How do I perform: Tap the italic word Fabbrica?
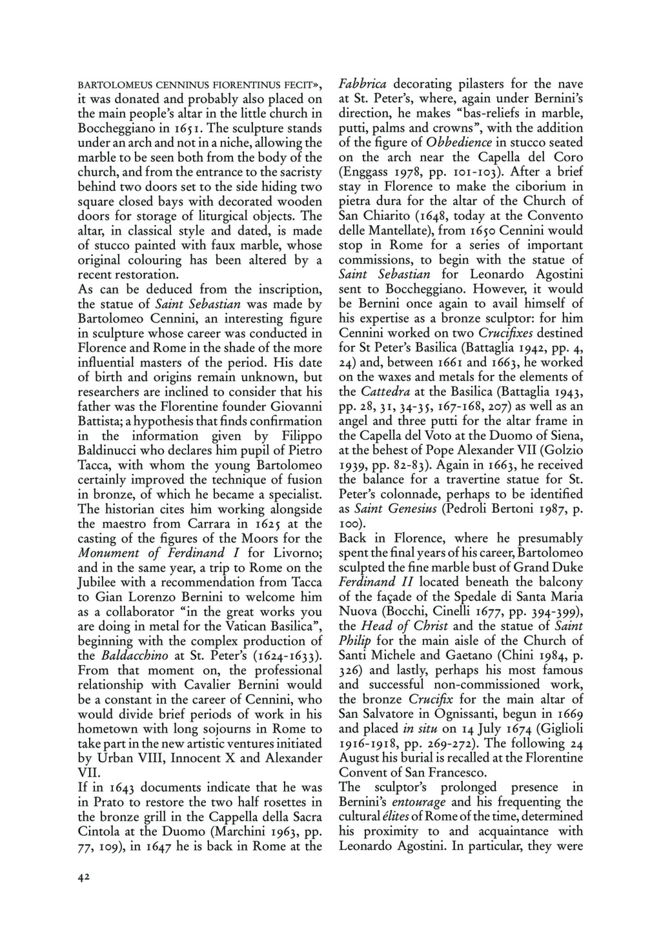pyautogui.click(x=363, y=84)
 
